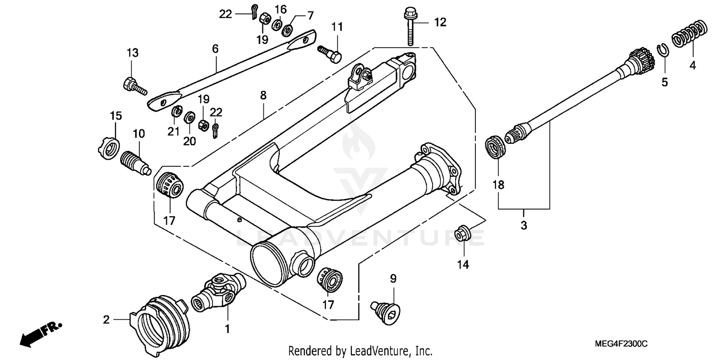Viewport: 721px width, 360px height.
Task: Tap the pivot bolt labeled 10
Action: coord(135,162)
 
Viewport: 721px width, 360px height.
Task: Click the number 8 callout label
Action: coord(263,96)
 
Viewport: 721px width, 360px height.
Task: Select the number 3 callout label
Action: coord(523,225)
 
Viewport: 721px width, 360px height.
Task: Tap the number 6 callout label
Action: coord(215,49)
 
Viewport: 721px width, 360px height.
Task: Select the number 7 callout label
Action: coord(311,15)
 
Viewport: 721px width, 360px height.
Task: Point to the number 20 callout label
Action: coord(189,141)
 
